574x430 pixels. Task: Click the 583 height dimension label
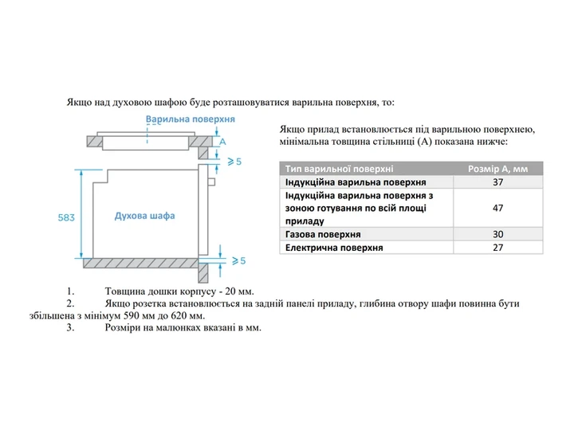click(x=66, y=217)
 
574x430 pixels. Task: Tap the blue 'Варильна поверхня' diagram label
click(x=191, y=119)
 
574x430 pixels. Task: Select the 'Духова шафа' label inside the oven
click(x=144, y=216)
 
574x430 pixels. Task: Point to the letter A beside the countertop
click(x=222, y=142)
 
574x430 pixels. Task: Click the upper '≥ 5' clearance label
click(x=234, y=161)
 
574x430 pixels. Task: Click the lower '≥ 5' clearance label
click(x=238, y=260)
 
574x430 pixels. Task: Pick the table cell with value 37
click(x=497, y=182)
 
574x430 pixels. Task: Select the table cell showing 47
click(x=497, y=208)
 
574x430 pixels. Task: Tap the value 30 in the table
click(x=497, y=234)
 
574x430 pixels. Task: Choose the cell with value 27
click(x=497, y=248)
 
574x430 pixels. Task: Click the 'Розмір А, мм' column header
click(x=497, y=169)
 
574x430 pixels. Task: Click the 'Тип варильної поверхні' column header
click(x=340, y=169)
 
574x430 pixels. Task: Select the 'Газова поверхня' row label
click(x=323, y=234)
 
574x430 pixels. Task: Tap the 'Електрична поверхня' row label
click(x=334, y=248)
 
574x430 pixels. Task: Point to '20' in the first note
click(x=230, y=291)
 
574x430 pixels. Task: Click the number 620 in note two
click(x=179, y=315)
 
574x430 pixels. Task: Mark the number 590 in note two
click(x=132, y=315)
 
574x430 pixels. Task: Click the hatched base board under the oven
click(x=140, y=264)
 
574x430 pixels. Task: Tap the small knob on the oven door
click(x=211, y=182)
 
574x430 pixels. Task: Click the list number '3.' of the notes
click(x=70, y=327)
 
